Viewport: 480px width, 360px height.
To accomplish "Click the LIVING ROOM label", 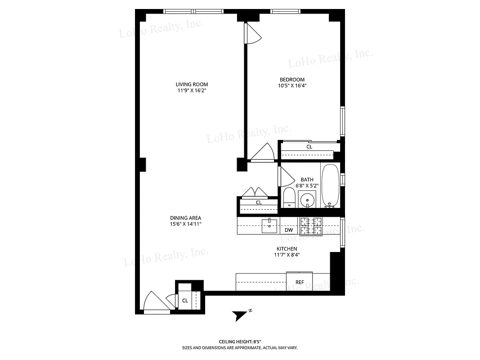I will (x=192, y=84).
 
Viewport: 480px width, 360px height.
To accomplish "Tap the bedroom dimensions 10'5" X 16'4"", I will (x=292, y=85).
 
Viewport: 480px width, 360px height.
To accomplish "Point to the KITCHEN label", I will (x=287, y=248).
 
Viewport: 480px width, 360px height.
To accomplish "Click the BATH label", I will (x=307, y=180).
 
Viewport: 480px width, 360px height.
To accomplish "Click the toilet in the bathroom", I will (x=288, y=198).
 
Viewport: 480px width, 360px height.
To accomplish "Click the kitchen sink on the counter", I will (x=269, y=225).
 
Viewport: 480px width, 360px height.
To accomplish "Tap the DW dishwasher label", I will (x=289, y=230).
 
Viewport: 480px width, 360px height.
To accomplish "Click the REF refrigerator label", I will (x=300, y=282).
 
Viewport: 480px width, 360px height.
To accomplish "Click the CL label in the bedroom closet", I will (x=310, y=147).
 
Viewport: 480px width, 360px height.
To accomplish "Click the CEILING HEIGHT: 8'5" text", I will (x=240, y=342).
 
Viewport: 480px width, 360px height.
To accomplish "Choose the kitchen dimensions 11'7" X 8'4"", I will (x=287, y=255).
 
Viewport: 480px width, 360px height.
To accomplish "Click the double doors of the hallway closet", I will (x=255, y=193).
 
